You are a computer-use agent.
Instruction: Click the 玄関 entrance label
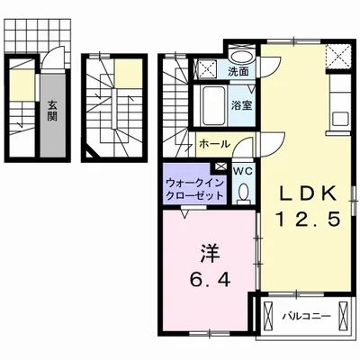click(52, 111)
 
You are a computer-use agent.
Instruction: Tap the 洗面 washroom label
click(238, 72)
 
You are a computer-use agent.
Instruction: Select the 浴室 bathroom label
click(241, 105)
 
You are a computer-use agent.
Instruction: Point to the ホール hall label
click(214, 144)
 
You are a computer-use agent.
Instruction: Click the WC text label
click(243, 171)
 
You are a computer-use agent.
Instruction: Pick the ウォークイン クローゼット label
click(195, 189)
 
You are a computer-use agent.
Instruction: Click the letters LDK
click(307, 193)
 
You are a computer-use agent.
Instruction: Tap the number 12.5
click(308, 219)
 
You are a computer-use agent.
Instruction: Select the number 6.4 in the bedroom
click(210, 280)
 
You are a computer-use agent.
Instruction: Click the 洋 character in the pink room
click(210, 254)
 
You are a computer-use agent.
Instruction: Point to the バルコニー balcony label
click(307, 316)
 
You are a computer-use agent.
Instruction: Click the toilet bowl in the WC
click(244, 193)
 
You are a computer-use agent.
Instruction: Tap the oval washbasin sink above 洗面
click(241, 57)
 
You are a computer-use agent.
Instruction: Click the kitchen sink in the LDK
click(340, 119)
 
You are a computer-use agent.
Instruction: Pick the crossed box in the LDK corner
click(337, 57)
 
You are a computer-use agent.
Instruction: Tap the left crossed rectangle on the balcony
click(267, 316)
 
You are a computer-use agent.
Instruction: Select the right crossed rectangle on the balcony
click(343, 316)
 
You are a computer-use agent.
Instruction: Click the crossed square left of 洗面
click(206, 68)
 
